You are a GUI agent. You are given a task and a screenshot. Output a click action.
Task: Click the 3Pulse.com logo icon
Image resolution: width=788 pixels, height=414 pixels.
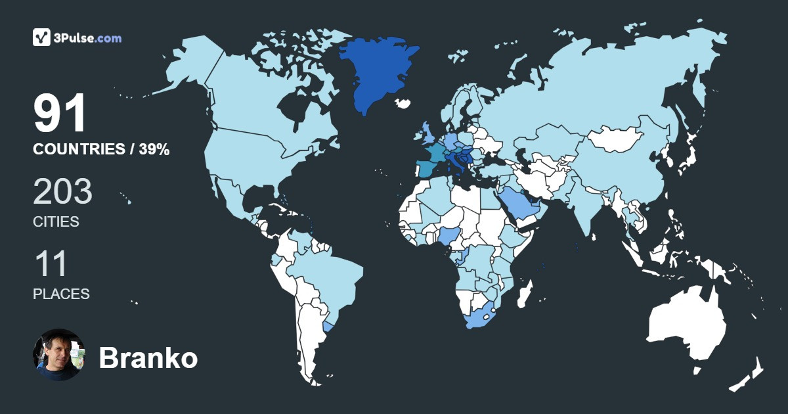point(42,37)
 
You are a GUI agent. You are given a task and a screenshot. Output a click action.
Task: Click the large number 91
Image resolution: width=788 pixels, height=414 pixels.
point(60,114)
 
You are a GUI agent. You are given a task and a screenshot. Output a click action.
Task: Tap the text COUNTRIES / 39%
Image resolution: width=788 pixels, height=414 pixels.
point(101,150)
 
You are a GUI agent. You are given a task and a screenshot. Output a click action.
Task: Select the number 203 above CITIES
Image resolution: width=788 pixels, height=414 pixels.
point(62,192)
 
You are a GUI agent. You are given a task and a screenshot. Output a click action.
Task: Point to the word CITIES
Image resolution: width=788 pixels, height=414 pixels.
point(56,222)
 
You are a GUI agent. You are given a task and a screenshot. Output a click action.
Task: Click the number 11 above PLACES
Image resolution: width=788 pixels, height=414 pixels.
point(51,264)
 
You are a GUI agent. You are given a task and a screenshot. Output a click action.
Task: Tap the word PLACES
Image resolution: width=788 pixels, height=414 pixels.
point(61,294)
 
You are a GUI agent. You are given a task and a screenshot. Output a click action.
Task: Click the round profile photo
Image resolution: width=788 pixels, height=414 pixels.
point(59,355)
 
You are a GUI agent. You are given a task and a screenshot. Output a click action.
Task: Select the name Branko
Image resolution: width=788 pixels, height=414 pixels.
point(148,358)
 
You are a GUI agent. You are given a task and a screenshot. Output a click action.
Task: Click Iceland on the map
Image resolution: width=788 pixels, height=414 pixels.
point(403,103)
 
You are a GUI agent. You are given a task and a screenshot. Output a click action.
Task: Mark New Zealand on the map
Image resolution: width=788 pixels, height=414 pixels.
point(749,375)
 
